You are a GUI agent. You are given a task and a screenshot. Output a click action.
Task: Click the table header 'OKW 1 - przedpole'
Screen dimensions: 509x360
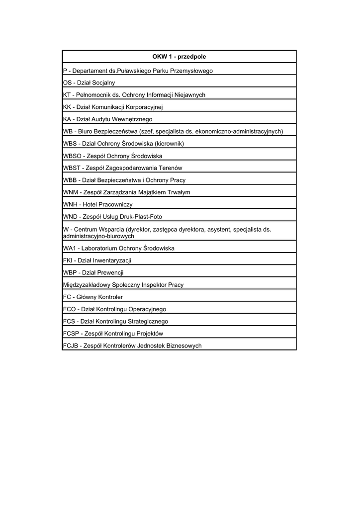pyautogui.click(x=179, y=57)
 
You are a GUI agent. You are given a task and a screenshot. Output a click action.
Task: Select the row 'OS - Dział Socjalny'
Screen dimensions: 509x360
pyautogui.click(x=89, y=83)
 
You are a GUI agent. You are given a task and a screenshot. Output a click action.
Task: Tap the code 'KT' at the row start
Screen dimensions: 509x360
pyautogui.click(x=67, y=95)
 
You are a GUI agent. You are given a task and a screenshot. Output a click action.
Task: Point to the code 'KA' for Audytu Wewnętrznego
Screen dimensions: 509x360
pyautogui.click(x=67, y=119)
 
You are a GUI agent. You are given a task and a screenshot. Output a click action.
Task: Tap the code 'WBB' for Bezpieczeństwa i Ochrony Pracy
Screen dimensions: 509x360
pyautogui.click(x=70, y=180)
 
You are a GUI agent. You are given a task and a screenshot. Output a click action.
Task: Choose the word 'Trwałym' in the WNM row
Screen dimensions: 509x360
pyautogui.click(x=179, y=192)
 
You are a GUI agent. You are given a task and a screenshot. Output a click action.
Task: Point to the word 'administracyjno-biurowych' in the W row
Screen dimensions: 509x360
pyautogui.click(x=99, y=237)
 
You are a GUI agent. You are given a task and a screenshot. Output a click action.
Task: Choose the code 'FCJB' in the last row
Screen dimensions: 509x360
pyautogui.click(x=71, y=346)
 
